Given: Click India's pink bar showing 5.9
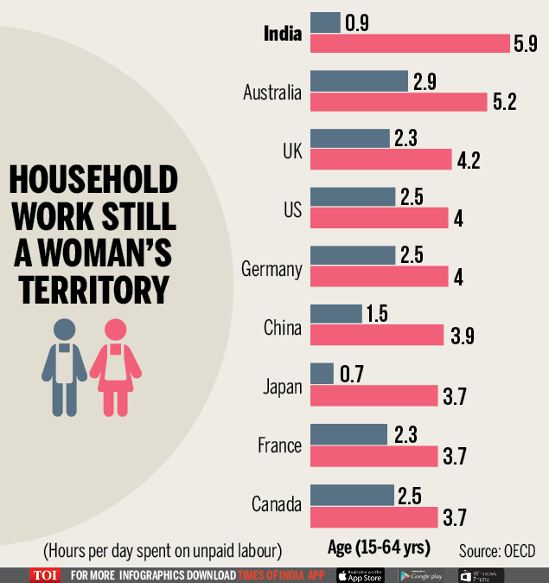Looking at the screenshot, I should tap(410, 43).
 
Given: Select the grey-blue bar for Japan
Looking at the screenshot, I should tap(322, 374).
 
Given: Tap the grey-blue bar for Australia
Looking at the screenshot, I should tap(359, 80).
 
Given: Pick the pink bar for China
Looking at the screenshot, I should tap(374, 336).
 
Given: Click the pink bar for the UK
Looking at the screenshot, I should tap(380, 159).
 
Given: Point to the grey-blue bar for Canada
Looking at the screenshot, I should tap(351, 496).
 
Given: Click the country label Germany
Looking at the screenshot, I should tap(271, 269).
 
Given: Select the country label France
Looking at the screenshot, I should tap(279, 446).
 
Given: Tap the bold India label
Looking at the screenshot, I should tap(283, 34).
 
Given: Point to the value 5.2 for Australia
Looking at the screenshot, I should tap(504, 102).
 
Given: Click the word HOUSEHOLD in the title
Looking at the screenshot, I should tap(93, 180).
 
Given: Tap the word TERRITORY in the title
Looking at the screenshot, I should tap(93, 290).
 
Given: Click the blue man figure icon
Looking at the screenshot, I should tap(65, 362).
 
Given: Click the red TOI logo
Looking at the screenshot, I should tap(44, 574).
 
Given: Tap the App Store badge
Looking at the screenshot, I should tap(360, 574).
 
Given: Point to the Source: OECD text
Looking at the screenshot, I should tap(497, 551).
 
